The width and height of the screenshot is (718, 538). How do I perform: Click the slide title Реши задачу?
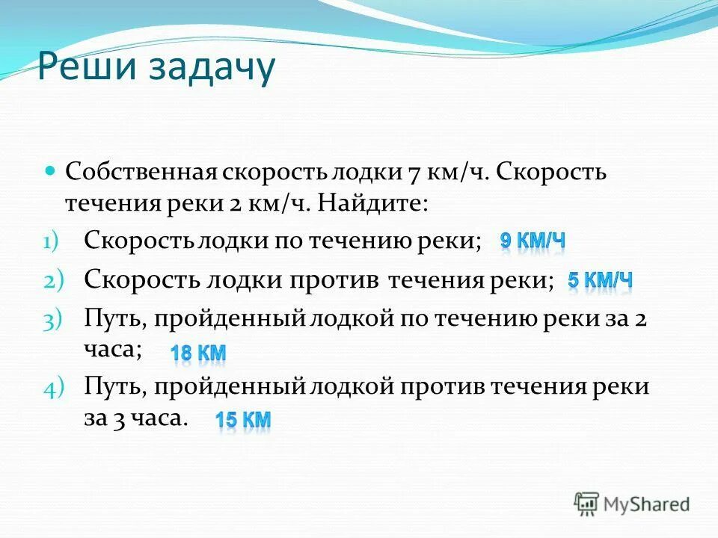[156, 69]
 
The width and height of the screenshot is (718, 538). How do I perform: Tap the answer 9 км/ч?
[533, 241]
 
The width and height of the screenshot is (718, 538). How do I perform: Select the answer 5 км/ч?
[600, 281]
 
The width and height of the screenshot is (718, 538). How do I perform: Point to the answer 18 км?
[198, 353]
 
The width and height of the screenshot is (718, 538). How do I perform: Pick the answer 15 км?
[243, 421]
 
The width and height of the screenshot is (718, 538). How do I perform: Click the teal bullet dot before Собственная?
[51, 170]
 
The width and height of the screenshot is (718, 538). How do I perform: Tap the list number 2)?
[55, 281]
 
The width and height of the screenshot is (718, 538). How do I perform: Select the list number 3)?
[55, 320]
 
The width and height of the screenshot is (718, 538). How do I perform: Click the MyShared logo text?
[646, 504]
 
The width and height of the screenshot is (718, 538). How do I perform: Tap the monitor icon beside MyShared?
[586, 504]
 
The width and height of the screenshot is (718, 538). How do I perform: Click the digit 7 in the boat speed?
[413, 172]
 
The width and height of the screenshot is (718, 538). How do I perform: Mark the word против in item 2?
[334, 280]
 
